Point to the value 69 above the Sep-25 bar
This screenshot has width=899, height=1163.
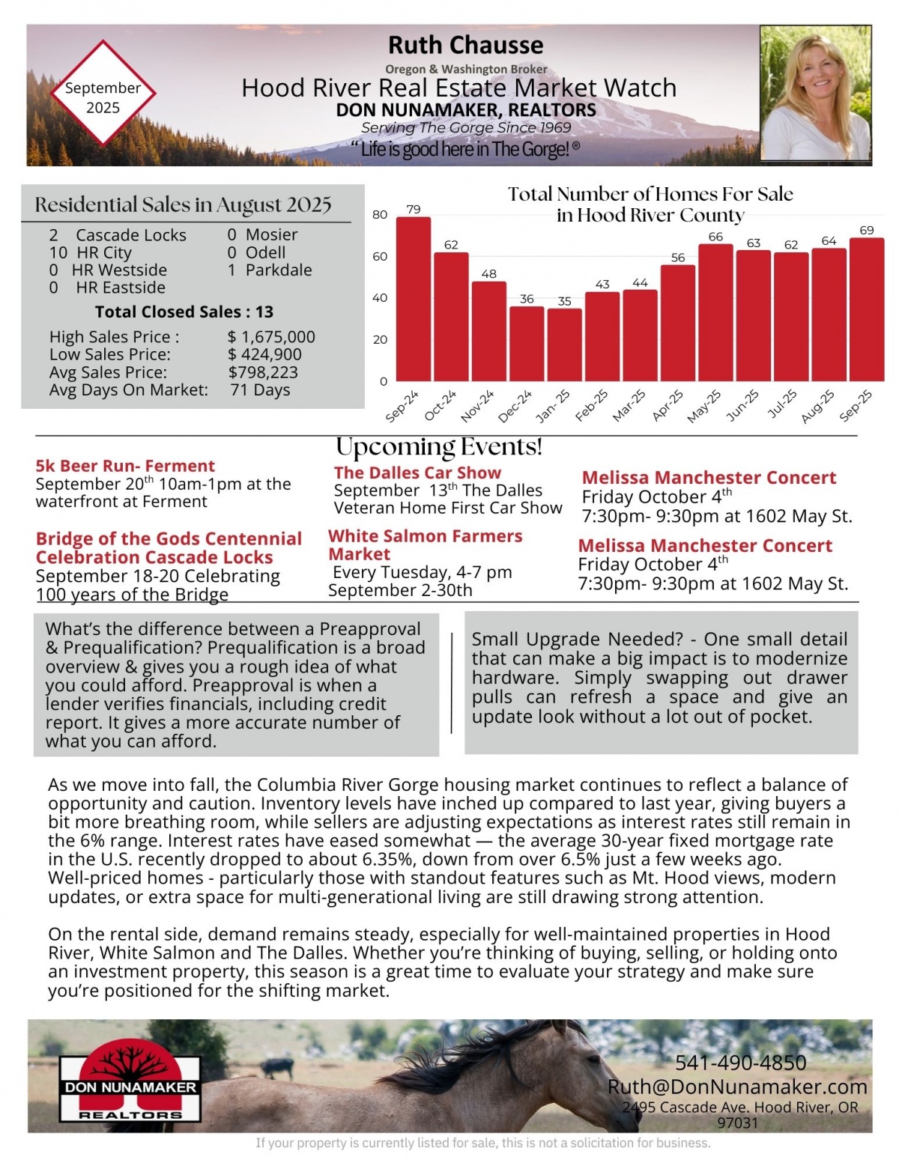pyautogui.click(x=866, y=230)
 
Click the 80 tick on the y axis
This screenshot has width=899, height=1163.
pyautogui.click(x=380, y=215)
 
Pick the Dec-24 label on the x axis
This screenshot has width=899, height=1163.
pyautogui.click(x=515, y=405)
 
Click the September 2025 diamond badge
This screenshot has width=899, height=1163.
pyautogui.click(x=103, y=93)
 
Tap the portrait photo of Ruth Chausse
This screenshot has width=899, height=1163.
pyautogui.click(x=816, y=93)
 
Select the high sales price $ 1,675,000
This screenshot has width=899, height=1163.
pyautogui.click(x=271, y=337)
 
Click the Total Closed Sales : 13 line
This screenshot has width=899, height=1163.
pyautogui.click(x=184, y=312)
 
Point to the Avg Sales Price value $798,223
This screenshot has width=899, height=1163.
pyautogui.click(x=263, y=372)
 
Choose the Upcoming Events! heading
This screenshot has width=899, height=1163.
pyautogui.click(x=439, y=447)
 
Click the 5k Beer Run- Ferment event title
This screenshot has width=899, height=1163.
pyautogui.click(x=125, y=466)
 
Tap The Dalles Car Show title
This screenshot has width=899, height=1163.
pyautogui.click(x=417, y=473)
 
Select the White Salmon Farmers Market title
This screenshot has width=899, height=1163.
pyautogui.click(x=425, y=545)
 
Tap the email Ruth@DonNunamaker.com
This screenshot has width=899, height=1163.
pyautogui.click(x=737, y=1087)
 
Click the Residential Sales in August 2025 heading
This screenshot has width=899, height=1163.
pyautogui.click(x=183, y=204)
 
